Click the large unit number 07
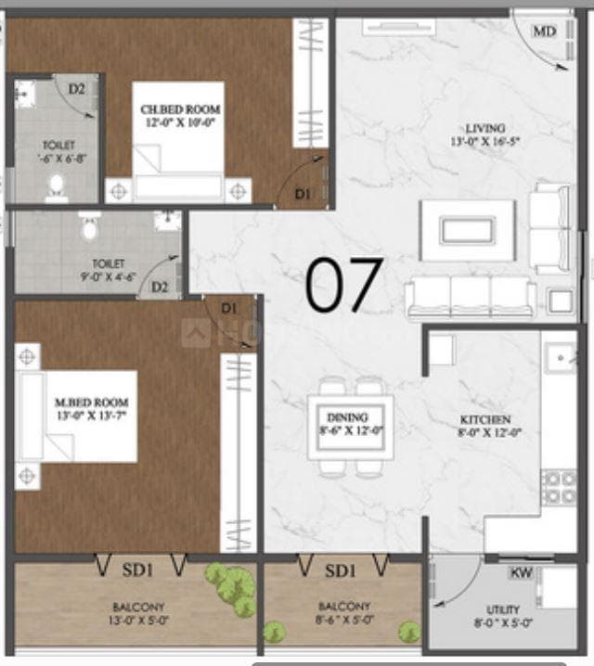[343, 285]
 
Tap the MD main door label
[543, 31]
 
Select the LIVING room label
[485, 127]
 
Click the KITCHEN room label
[484, 420]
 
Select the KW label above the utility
[522, 573]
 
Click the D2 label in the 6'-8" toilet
[77, 89]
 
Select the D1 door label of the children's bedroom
[303, 194]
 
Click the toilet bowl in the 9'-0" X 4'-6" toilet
[89, 225]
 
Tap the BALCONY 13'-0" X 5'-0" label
[136, 615]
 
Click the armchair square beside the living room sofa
[559, 301]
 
